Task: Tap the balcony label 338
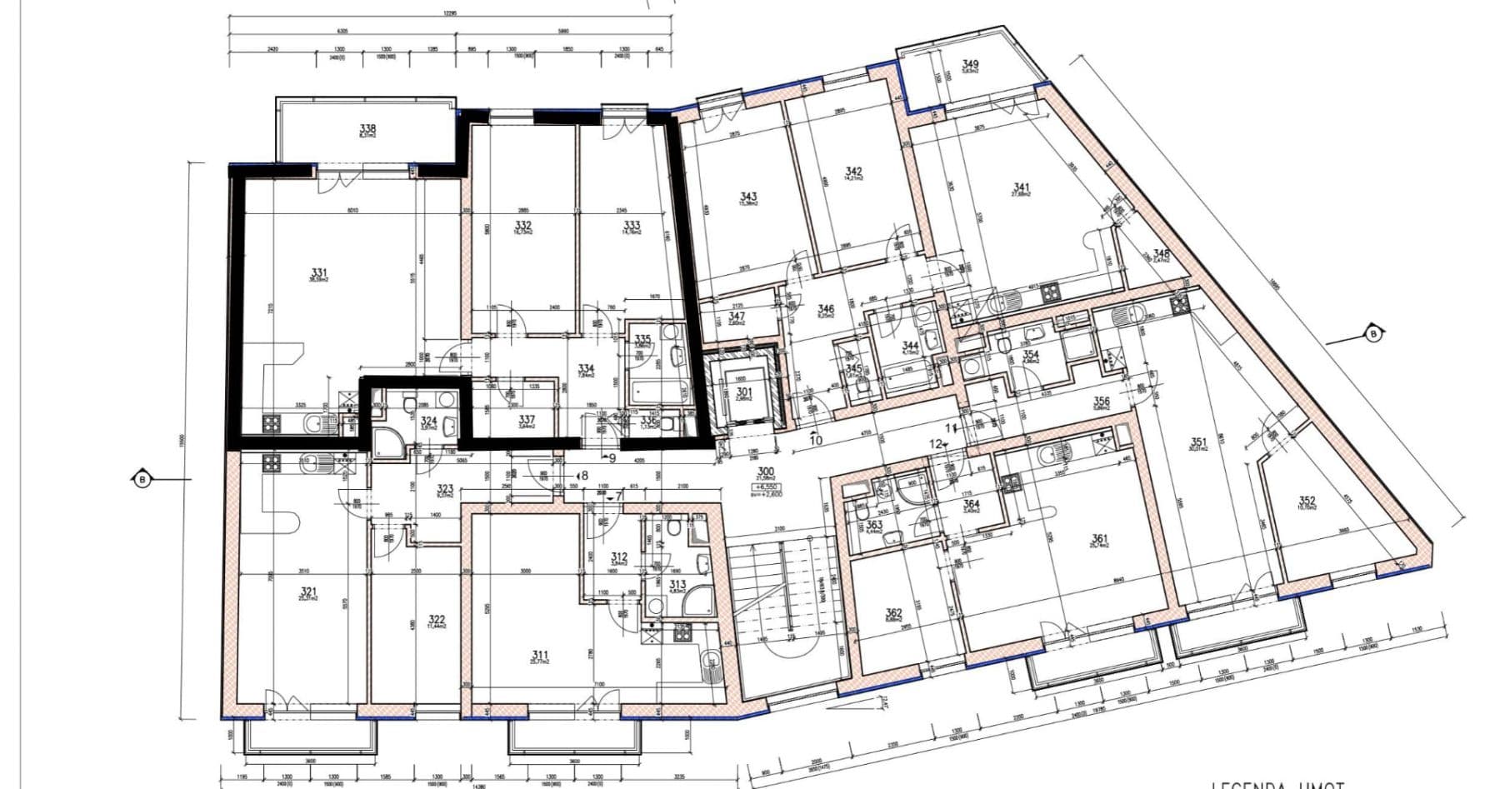(367, 128)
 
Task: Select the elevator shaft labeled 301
(743, 392)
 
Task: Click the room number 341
(1021, 188)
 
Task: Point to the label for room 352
(1307, 501)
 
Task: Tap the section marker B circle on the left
(142, 479)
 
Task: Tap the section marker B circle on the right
(1372, 334)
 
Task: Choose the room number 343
(748, 197)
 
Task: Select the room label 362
(893, 613)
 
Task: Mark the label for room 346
(826, 309)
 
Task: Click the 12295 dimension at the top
(449, 13)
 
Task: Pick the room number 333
(632, 225)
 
